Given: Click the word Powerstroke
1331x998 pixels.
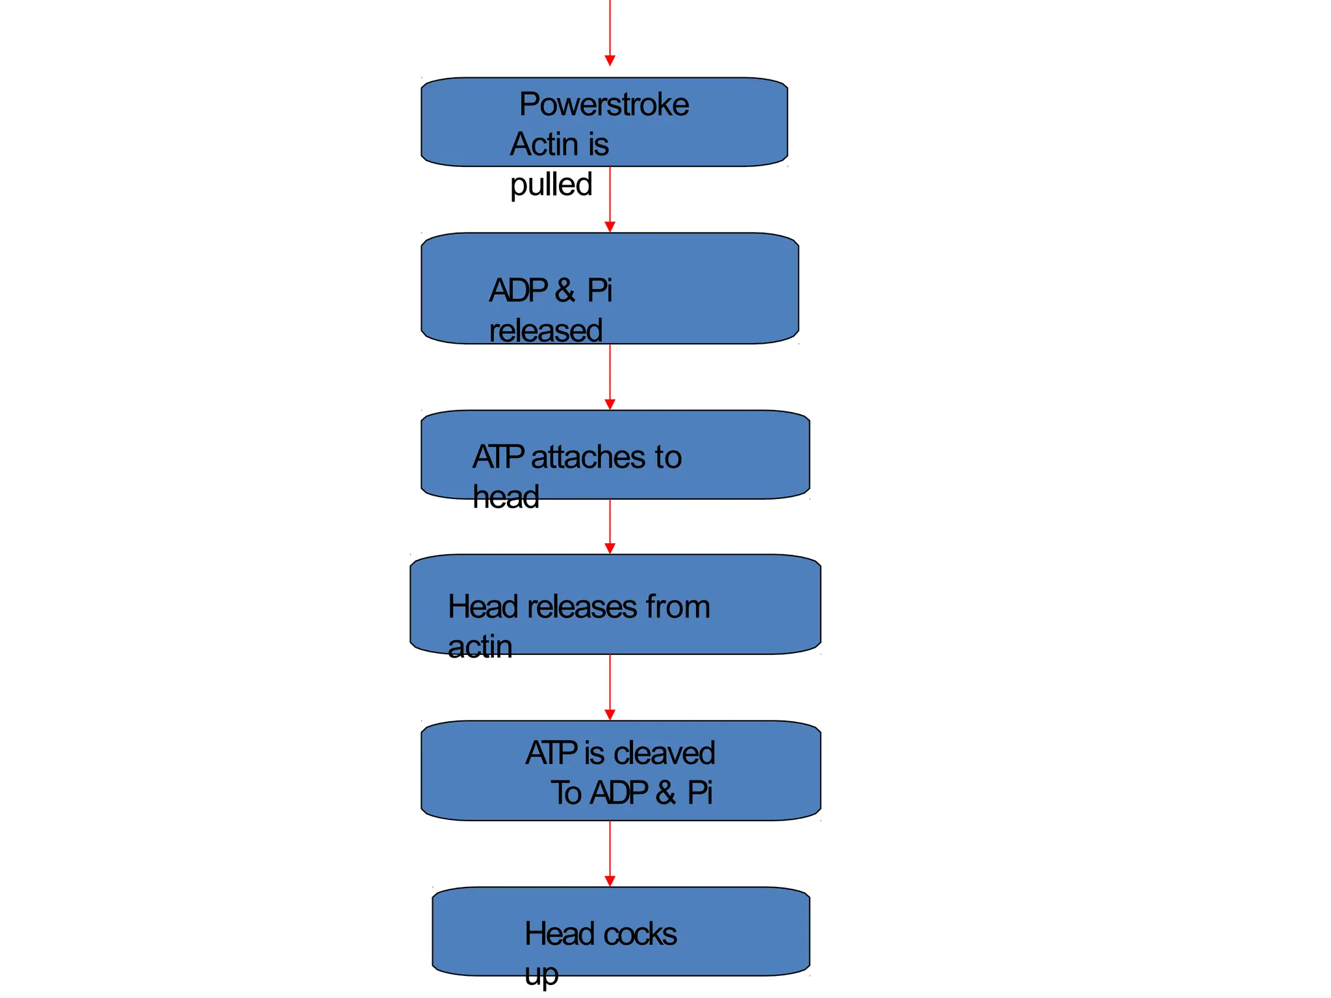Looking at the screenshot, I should coord(604,105).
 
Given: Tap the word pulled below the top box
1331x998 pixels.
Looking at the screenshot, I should coord(551,185).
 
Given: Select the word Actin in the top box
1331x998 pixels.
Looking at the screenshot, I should coord(543,144).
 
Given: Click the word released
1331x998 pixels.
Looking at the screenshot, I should coord(546,331).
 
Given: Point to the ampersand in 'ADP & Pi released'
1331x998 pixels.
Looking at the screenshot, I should coord(565,290).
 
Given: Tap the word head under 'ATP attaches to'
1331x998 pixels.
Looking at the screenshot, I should coord(506,498).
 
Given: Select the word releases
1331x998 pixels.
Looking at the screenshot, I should coord(582,607).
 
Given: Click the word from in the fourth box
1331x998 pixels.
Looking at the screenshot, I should coord(677,607).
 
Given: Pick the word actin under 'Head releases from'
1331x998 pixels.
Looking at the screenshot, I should coord(480,647).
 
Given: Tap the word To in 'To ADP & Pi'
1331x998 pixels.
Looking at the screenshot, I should coord(566,793).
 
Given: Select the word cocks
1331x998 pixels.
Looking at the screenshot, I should coord(640,934).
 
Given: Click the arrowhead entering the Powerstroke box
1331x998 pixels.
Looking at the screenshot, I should coord(610,60).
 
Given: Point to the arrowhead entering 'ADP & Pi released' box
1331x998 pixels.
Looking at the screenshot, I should coord(610,227).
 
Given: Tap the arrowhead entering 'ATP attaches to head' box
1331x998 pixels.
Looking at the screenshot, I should coord(610,404).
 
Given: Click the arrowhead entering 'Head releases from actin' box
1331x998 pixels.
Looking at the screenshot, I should coord(610,548).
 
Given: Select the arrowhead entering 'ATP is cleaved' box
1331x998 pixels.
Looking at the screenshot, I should coord(610,715).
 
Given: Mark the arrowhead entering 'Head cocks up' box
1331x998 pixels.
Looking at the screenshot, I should coord(610,881).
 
